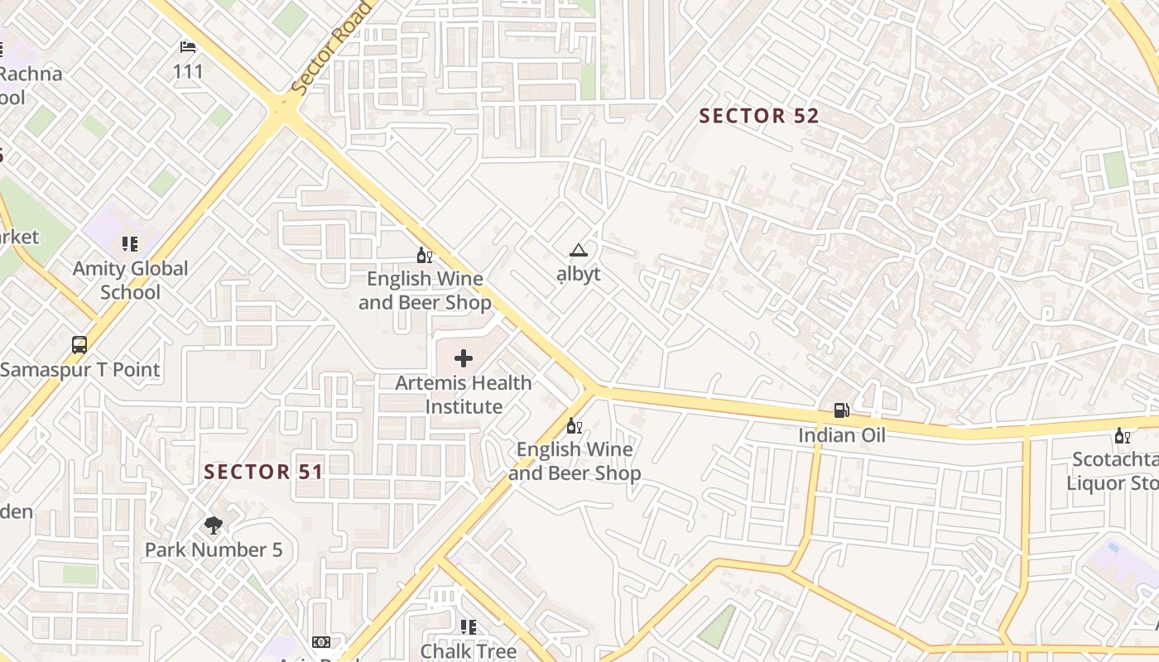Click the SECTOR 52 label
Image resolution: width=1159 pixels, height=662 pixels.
tap(759, 116)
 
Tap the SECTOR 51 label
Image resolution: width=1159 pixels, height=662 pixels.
tap(263, 472)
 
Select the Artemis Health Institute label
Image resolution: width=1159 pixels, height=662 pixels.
tap(464, 395)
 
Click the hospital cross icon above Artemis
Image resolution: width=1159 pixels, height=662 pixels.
tap(464, 358)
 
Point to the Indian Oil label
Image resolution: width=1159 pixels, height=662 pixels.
tap(841, 435)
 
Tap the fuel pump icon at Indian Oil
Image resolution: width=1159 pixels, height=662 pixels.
tap(841, 410)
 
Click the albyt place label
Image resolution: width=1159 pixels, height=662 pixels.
tap(578, 275)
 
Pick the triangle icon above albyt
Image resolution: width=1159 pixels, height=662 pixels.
tap(578, 251)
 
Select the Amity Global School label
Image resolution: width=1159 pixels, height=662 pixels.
tap(130, 280)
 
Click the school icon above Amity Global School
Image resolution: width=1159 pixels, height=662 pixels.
tap(130, 243)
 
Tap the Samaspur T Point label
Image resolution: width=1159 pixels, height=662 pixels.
tap(79, 369)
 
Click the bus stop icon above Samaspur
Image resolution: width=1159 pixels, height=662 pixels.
tap(79, 344)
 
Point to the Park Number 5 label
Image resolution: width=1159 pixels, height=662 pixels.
tap(214, 549)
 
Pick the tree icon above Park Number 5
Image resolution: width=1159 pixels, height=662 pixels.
tap(214, 525)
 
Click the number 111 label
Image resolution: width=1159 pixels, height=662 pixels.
tap(188, 71)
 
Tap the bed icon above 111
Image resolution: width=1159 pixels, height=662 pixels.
tap(188, 47)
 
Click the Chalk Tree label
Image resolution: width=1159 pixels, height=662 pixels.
tap(469, 651)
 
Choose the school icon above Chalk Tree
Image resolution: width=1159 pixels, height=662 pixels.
tap(469, 627)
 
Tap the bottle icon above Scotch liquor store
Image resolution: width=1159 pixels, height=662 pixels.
tap(1122, 435)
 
